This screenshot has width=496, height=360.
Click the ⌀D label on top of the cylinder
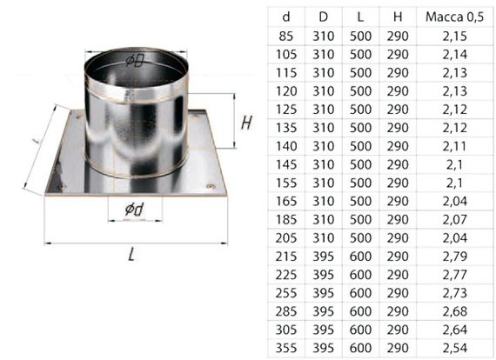coord(134,60)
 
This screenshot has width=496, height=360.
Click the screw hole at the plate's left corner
coord(58,185)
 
